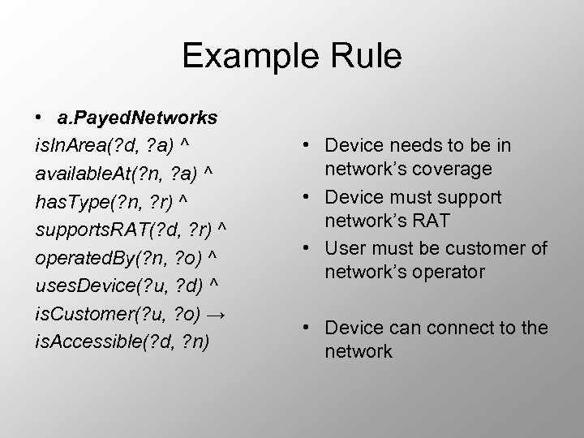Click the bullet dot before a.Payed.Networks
(39, 118)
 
